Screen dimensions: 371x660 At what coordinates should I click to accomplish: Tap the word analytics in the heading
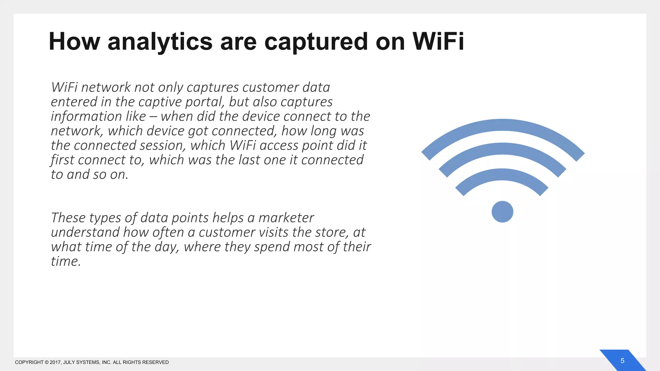point(160,42)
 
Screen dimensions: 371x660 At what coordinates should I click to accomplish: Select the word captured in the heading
point(316,42)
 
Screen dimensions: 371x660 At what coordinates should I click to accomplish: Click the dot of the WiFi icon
point(502,212)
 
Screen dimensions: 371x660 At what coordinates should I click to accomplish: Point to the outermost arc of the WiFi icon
point(503,125)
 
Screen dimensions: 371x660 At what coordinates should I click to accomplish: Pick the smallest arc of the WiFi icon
point(502,175)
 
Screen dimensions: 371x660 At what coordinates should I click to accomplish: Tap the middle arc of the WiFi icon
point(503,148)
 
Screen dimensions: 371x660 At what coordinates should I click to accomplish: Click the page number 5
point(622,361)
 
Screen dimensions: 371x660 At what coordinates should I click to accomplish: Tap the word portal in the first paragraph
point(205,102)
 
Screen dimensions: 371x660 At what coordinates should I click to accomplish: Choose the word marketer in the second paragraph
point(286,218)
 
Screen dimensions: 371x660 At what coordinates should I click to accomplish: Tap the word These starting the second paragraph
point(68,218)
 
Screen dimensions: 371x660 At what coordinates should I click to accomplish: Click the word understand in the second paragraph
point(85,233)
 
